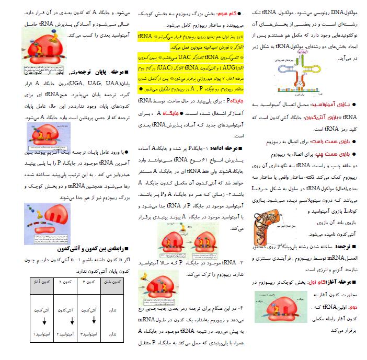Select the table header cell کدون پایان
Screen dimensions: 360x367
point(111,282)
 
